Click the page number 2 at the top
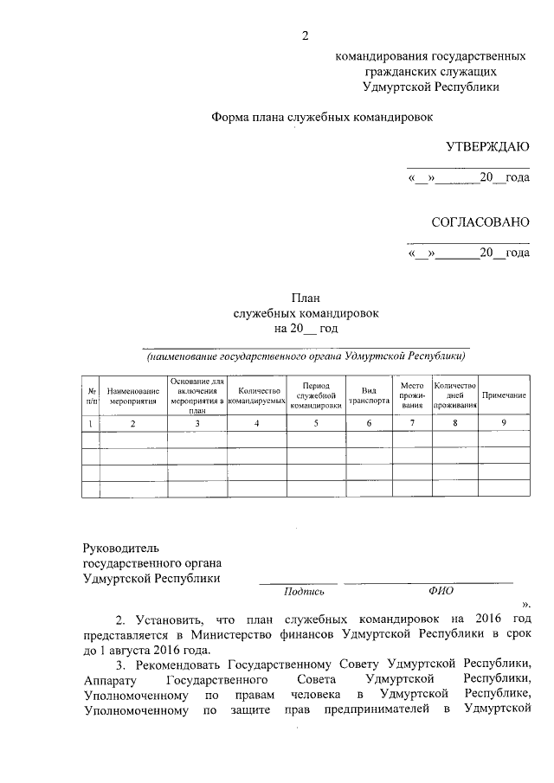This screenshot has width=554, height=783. click(x=304, y=35)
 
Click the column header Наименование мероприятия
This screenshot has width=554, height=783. click(x=133, y=395)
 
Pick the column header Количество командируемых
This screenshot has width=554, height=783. click(x=257, y=395)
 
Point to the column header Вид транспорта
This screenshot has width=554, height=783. click(x=369, y=395)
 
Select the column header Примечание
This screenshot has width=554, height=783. click(x=504, y=395)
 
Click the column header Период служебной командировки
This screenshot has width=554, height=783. click(x=316, y=395)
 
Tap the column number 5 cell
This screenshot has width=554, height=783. click(x=316, y=422)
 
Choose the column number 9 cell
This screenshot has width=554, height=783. click(x=504, y=422)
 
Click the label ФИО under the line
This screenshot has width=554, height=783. click(x=441, y=591)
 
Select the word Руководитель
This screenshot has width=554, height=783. click(x=121, y=548)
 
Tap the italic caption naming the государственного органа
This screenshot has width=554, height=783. click(x=306, y=356)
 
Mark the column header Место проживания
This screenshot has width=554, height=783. click(x=412, y=395)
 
